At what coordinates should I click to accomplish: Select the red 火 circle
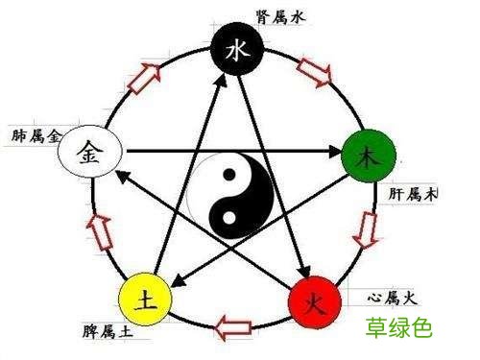(x=315, y=302)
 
